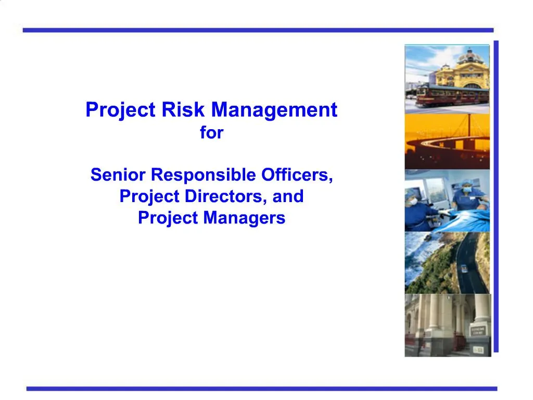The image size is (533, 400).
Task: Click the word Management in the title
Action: (x=274, y=110)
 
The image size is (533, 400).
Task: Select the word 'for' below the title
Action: (x=211, y=133)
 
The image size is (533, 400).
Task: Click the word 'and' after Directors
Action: (x=290, y=197)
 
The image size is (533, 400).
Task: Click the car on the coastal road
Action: (x=463, y=268)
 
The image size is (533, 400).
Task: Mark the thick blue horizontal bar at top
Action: (x=258, y=30)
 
